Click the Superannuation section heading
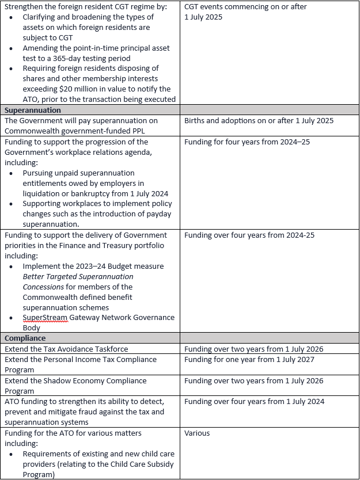pos(33,110)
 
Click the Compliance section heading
pos(25,338)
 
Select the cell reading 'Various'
pos(197,433)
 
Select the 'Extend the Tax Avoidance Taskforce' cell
pos(66,349)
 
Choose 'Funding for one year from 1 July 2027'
pos(253,359)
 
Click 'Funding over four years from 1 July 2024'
pos(254,402)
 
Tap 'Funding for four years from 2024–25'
pos(247,142)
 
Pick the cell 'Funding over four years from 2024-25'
pos(249,235)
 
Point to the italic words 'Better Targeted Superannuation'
pos(78,276)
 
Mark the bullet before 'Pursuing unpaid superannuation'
pos(12,173)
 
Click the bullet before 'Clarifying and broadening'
pos(12,17)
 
